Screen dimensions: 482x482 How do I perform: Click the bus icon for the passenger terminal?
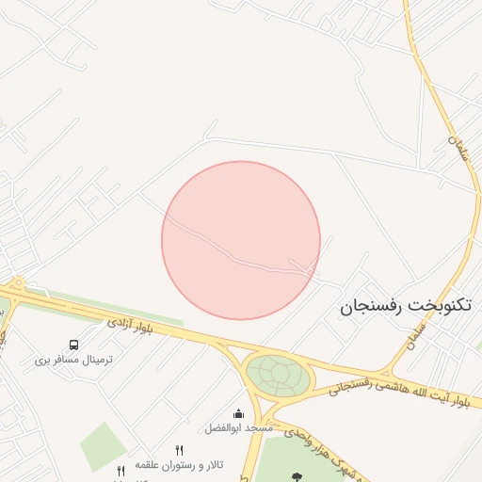pyautogui.click(x=74, y=345)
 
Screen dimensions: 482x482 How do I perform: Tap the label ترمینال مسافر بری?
pyautogui.click(x=73, y=360)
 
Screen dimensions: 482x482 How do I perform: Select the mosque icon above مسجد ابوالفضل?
pyautogui.click(x=238, y=413)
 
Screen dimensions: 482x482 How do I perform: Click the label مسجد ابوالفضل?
pyautogui.click(x=238, y=427)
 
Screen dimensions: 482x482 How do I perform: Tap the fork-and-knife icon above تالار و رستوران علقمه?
pyautogui.click(x=180, y=450)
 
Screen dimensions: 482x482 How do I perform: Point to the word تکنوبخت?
pyautogui.click(x=444, y=306)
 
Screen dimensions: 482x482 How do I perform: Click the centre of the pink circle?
pyautogui.click(x=241, y=240)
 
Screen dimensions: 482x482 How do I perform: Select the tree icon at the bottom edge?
pyautogui.click(x=298, y=476)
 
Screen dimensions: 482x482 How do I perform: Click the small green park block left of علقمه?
pyautogui.click(x=103, y=446)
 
